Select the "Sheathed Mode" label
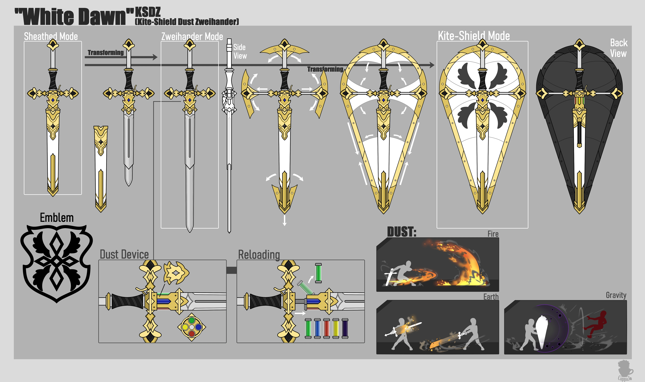51,36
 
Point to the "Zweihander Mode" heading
192,36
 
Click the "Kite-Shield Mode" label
474,36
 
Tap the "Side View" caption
240,52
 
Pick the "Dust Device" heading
124,254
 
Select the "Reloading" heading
259,255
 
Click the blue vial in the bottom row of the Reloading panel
317,328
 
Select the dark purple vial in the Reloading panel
345,328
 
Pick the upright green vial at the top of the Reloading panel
318,273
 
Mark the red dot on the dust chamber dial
192,334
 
